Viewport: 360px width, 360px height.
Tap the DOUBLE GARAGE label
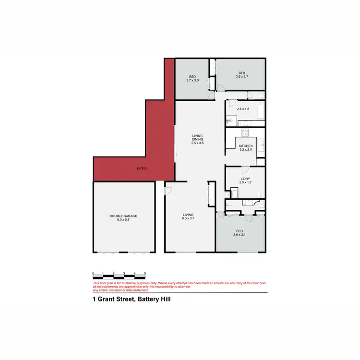123,216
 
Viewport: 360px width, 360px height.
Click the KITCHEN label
246,146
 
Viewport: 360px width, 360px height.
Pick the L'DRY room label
245,179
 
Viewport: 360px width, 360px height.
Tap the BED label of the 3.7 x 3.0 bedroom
192,77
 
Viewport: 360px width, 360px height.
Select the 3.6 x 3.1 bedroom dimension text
240,235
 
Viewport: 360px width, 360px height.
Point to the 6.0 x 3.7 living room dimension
188,218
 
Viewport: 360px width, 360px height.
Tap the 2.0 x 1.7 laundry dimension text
245,183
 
